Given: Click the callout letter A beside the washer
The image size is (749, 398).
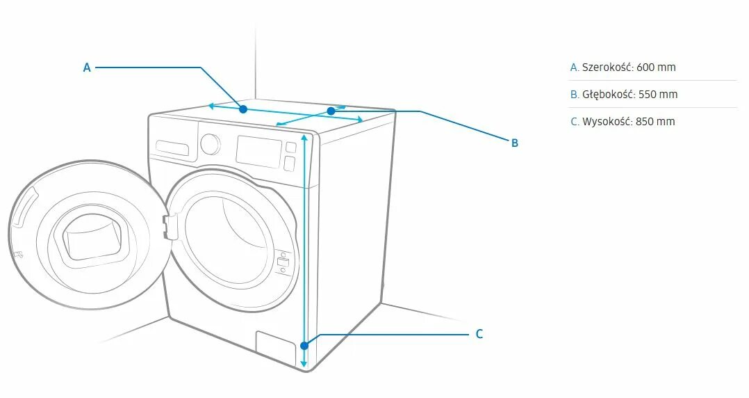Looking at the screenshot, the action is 87,67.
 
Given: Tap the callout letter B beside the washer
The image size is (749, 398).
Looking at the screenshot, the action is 515,143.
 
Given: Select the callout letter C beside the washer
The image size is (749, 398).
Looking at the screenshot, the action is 479,335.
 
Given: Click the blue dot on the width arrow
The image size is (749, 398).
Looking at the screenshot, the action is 242,109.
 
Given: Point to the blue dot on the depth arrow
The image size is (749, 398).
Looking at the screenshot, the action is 331,111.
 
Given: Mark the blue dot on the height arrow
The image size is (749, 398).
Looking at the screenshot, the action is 304,345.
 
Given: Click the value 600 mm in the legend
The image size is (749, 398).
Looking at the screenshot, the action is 656,67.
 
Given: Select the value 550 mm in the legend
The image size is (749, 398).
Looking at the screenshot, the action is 658,95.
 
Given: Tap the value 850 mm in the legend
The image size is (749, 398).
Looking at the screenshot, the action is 655,122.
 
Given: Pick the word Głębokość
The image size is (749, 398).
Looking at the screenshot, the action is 609,95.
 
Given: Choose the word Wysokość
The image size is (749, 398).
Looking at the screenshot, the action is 607,122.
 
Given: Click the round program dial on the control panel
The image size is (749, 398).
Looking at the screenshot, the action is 210,143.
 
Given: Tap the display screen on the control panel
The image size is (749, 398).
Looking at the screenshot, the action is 258,151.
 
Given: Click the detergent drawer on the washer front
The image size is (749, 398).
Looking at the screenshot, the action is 172,148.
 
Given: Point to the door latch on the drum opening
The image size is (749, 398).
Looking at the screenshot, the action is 169,226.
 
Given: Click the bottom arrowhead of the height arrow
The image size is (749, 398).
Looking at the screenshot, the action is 304,364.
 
